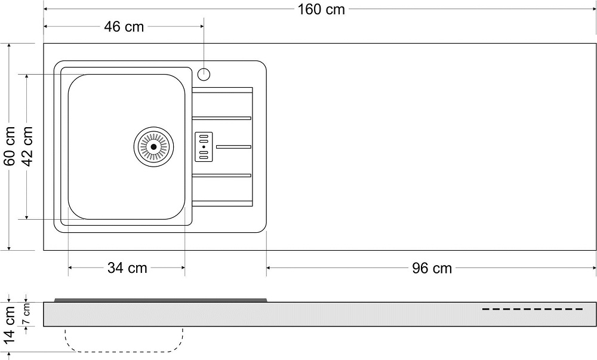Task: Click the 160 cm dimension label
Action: click(321, 10)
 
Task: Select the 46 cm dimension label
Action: click(124, 27)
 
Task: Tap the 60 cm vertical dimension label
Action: click(10, 146)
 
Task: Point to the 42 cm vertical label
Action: click(27, 146)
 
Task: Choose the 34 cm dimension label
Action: click(127, 268)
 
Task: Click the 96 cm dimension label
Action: click(432, 268)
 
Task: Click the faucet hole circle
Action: click(204, 74)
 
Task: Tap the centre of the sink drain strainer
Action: click(154, 146)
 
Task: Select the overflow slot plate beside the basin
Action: click(204, 147)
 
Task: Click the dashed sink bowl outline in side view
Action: click(124, 351)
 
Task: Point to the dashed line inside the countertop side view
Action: click(533, 309)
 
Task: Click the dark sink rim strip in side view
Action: click(161, 300)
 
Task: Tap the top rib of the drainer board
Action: click(222, 90)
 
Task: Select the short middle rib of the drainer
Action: click(233, 147)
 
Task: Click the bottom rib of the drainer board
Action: click(222, 204)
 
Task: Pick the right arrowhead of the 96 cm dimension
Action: click(593, 268)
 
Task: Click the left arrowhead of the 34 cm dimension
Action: click(72, 268)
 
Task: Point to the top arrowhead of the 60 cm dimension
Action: click(9, 47)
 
